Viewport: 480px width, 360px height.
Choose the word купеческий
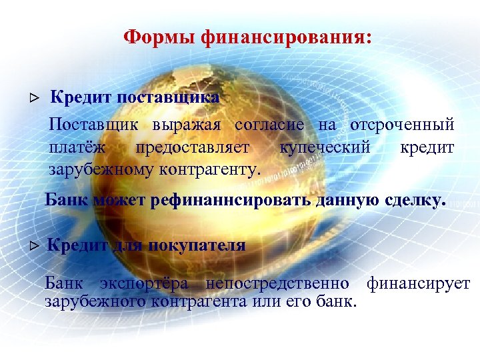(325, 147)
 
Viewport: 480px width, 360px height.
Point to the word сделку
(411, 200)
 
